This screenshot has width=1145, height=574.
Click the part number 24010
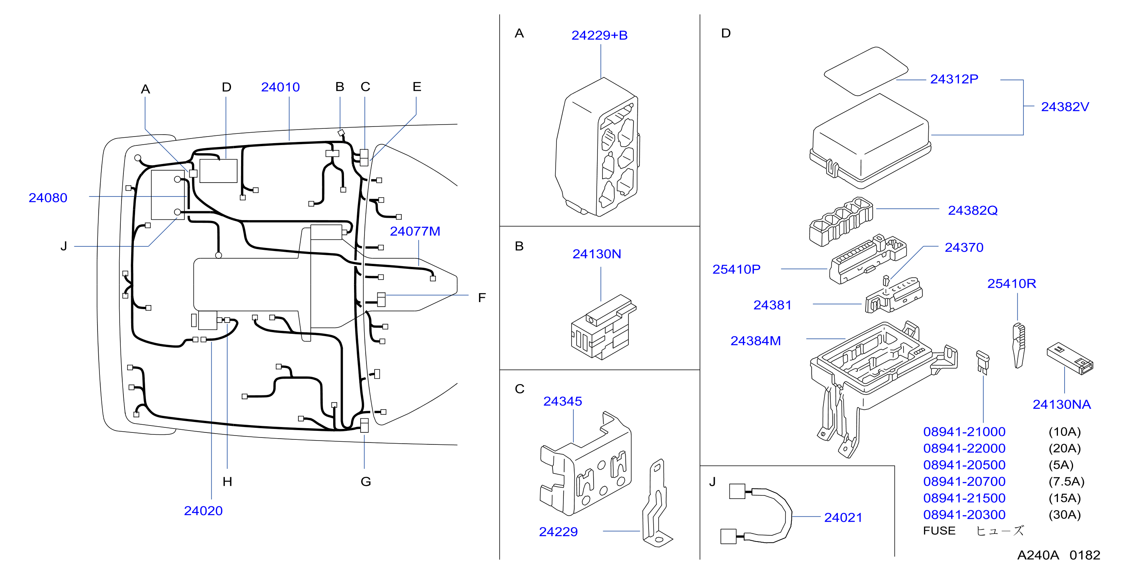280,87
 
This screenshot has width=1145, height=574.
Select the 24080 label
48,198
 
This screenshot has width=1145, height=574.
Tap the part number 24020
203,511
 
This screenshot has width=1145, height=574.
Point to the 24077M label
415,231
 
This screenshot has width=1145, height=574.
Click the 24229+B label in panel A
599,35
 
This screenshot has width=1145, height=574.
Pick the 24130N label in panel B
597,254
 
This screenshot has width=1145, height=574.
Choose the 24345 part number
562,401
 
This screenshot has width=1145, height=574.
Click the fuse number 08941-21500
964,498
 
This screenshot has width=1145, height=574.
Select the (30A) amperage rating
1065,514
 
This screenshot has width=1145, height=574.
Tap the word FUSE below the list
939,531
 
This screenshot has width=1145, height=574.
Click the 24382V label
1065,107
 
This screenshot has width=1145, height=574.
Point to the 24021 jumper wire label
843,518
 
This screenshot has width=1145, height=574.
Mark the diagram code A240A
1038,555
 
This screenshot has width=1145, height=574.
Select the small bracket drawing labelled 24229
657,503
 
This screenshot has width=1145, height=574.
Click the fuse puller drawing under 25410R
1018,345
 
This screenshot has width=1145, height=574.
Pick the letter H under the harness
227,482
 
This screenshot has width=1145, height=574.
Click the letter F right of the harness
482,298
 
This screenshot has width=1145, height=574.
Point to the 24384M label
755,341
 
